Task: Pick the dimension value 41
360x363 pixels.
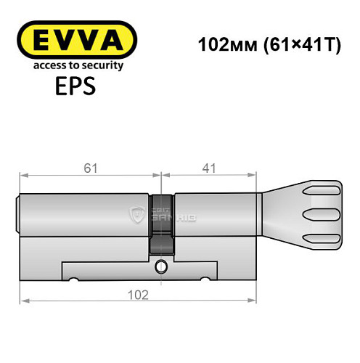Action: coord(209,168)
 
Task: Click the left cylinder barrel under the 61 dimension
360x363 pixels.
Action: coord(83,214)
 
